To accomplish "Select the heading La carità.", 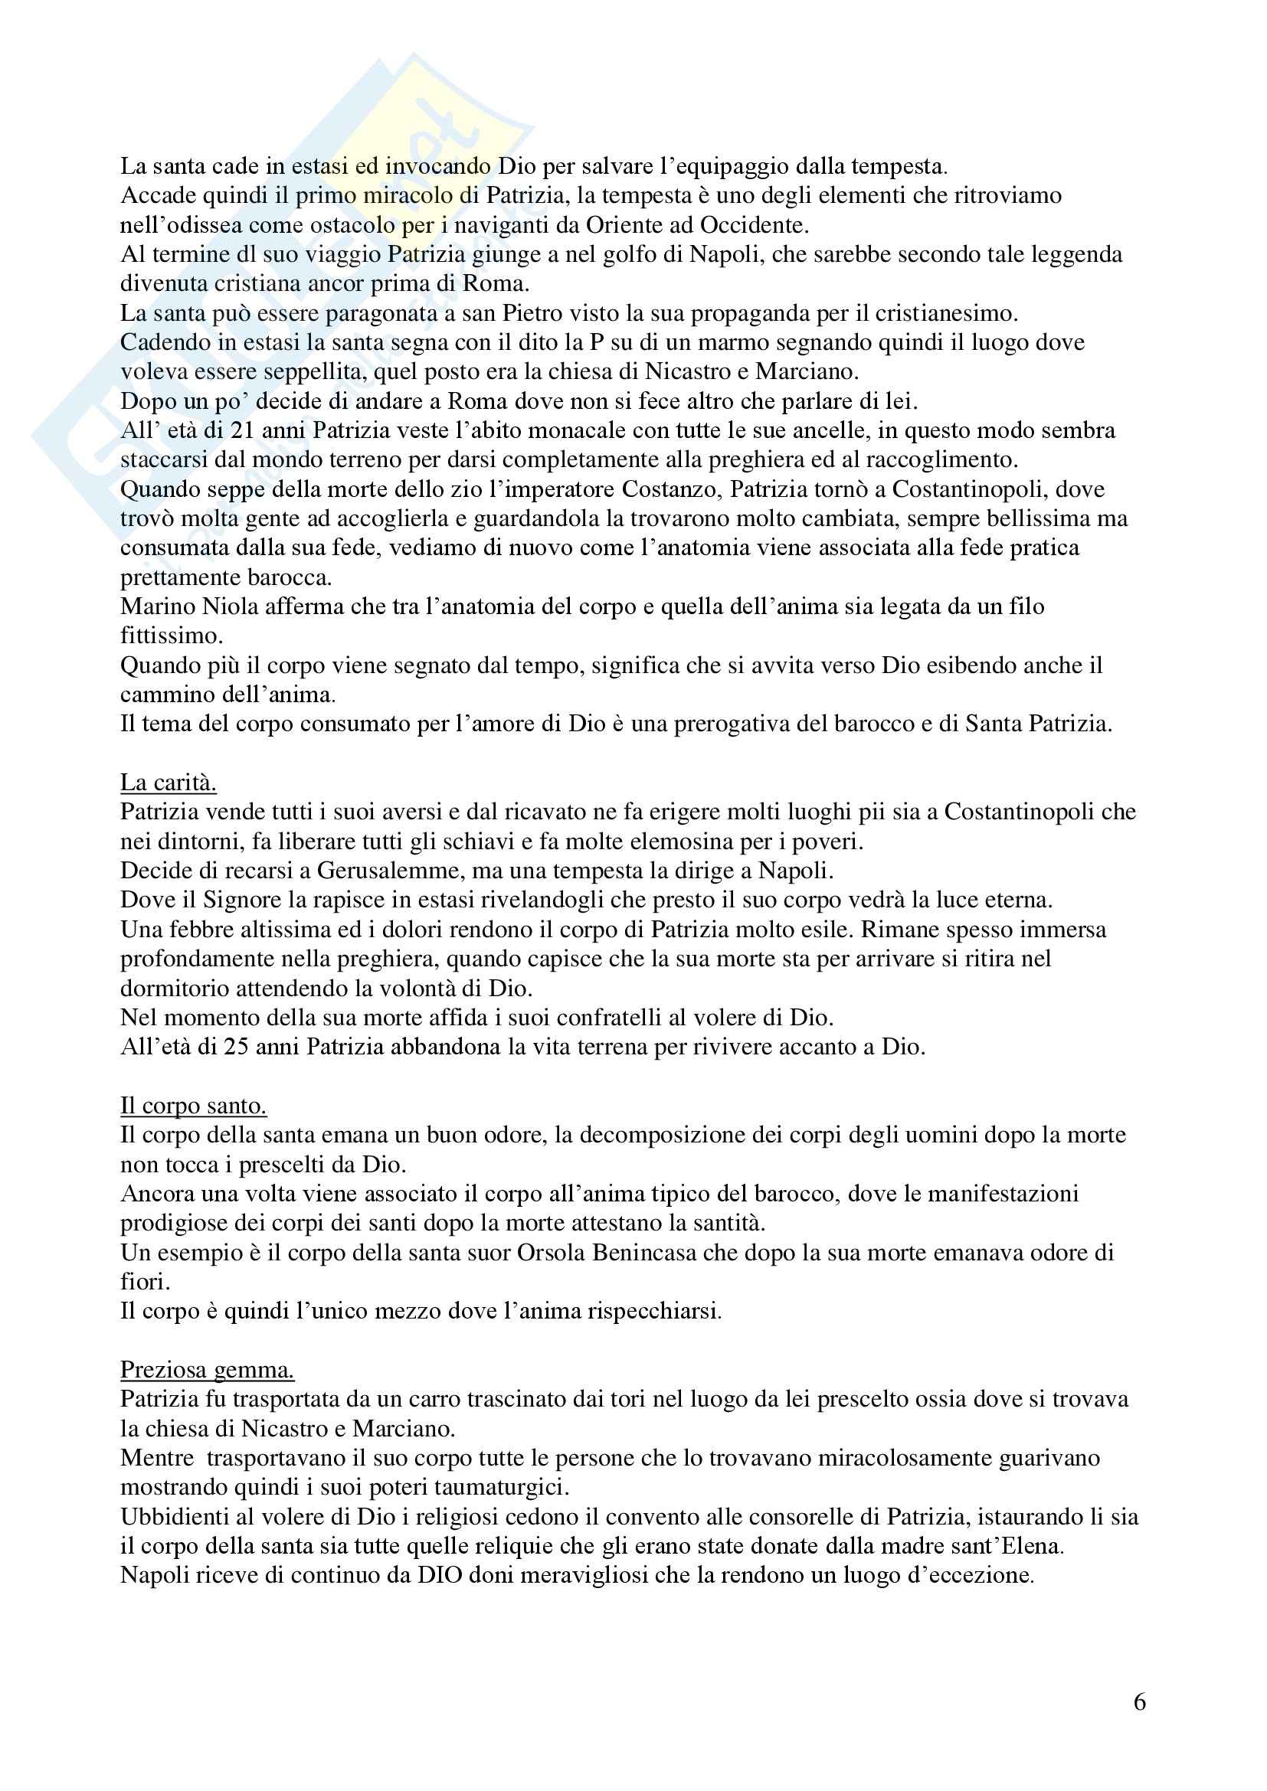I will [168, 783].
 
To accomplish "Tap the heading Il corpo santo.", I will [194, 1106].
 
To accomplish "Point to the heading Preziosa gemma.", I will [207, 1370].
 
